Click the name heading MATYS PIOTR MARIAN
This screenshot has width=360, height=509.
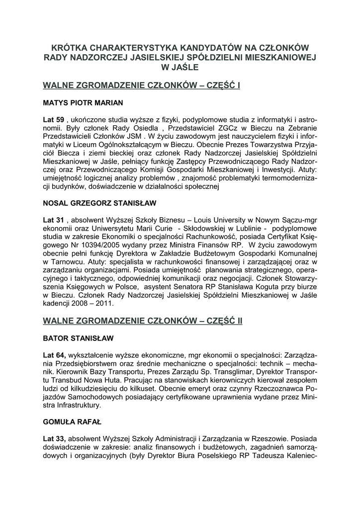click(84, 103)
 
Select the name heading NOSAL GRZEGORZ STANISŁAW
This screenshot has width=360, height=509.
click(100, 203)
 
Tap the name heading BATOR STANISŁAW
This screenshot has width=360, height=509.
click(79, 338)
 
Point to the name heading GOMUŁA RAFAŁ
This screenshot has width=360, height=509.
click(73, 422)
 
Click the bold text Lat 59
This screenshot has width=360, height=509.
click(54, 120)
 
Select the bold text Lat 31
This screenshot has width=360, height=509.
click(54, 220)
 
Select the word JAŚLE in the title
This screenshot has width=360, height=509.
click(184, 67)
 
